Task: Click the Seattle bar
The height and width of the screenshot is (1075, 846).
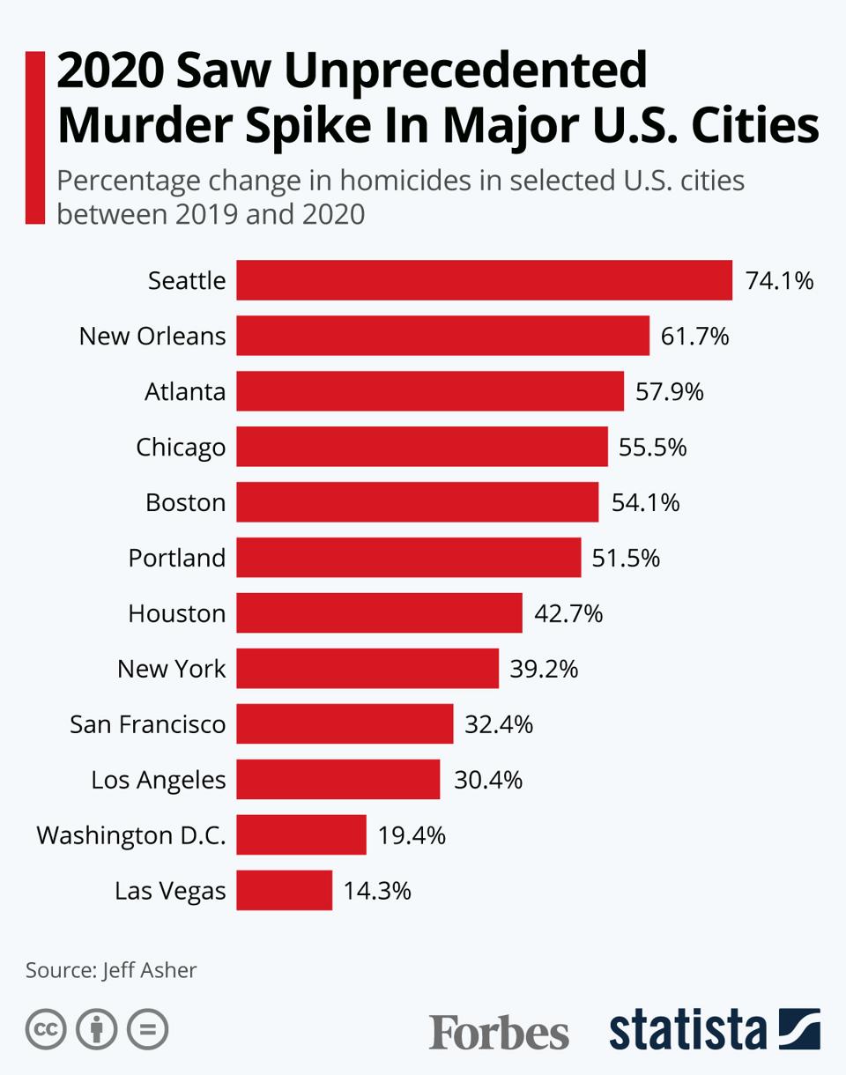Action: [x=484, y=280]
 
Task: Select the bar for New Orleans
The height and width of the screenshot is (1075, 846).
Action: [x=442, y=336]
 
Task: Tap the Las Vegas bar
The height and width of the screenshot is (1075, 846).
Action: [x=284, y=890]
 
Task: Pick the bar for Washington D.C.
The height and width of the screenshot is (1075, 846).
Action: [x=301, y=834]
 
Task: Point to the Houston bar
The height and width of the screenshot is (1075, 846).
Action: [x=379, y=613]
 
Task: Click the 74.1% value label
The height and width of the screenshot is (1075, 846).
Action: [x=779, y=281]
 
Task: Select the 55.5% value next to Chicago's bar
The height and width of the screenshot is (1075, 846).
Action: [x=652, y=448]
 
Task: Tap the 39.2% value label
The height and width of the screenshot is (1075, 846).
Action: [x=544, y=669]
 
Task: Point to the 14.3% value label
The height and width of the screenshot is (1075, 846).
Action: [x=377, y=891]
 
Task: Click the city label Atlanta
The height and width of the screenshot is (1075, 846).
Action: [x=185, y=391]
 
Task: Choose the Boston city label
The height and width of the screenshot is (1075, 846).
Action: [x=185, y=502]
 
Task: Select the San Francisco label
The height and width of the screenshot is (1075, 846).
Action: [x=148, y=724]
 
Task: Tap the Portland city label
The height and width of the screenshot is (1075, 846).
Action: [x=177, y=558]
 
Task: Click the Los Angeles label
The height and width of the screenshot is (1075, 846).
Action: [x=159, y=780]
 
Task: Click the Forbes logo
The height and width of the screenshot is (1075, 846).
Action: [x=499, y=1031]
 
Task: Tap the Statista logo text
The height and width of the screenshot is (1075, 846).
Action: [x=687, y=1029]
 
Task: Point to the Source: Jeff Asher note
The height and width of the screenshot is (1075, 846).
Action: [x=111, y=970]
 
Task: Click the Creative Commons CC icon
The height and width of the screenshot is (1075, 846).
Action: [x=46, y=1029]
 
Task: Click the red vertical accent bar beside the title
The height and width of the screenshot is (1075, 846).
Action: [x=34, y=137]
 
